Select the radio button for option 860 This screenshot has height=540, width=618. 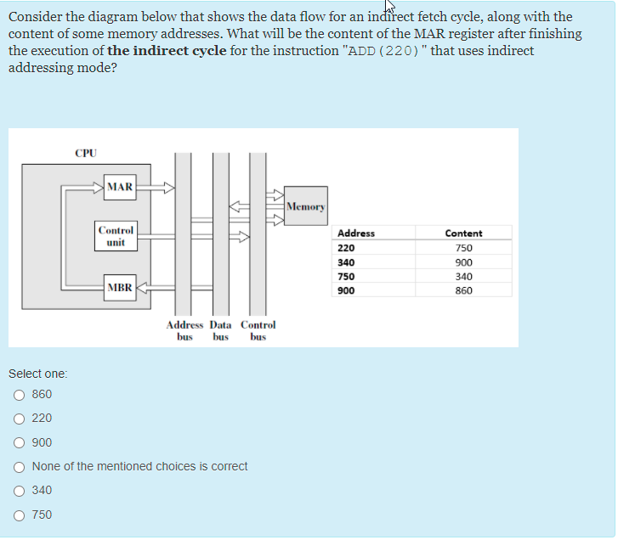[19, 395]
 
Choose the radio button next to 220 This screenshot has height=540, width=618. [19, 419]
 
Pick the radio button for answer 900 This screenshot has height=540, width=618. [19, 442]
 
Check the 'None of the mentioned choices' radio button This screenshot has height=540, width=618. [19, 466]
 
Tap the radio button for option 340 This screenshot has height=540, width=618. [19, 491]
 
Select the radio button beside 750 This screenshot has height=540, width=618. [19, 515]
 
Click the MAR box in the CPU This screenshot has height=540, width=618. [120, 187]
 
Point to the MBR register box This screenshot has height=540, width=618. [120, 287]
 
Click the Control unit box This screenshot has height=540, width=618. [116, 236]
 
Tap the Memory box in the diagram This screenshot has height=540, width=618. [305, 206]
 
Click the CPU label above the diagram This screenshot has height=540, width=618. [86, 154]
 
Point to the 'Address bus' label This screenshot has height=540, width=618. [184, 330]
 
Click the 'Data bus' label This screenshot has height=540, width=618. [220, 330]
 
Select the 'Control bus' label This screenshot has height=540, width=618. [258, 330]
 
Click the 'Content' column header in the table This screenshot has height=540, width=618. [463, 233]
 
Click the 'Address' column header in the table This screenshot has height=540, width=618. [356, 233]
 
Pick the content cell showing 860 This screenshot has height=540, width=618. [463, 290]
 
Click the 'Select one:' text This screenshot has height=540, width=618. [38, 374]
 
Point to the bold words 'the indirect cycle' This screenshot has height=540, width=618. [167, 51]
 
